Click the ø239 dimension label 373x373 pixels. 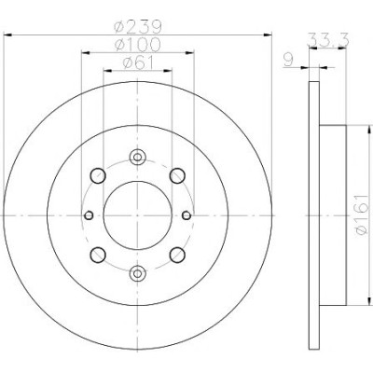[x=138, y=27]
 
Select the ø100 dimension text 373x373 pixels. [x=138, y=45]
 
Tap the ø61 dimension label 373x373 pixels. [x=138, y=62]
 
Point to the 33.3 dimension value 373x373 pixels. [x=328, y=40]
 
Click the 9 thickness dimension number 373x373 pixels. [x=288, y=60]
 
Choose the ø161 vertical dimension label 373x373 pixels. [x=361, y=214]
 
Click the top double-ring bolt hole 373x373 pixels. [x=137, y=158]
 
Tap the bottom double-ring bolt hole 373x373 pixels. [x=137, y=273]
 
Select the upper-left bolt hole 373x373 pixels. [x=98, y=175]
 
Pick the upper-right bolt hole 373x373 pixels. [x=177, y=175]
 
